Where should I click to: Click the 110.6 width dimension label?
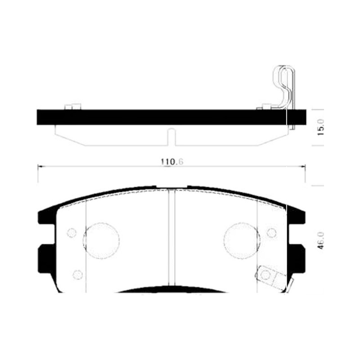(172, 162)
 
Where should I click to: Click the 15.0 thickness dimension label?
(321, 127)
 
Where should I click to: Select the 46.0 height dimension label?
(321, 240)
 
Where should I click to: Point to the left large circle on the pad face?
(101, 241)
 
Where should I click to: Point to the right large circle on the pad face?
(242, 241)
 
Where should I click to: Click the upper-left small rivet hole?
(72, 233)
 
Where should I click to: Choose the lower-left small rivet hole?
(77, 274)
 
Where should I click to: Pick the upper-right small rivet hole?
(272, 233)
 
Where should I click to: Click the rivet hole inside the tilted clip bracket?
(266, 274)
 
